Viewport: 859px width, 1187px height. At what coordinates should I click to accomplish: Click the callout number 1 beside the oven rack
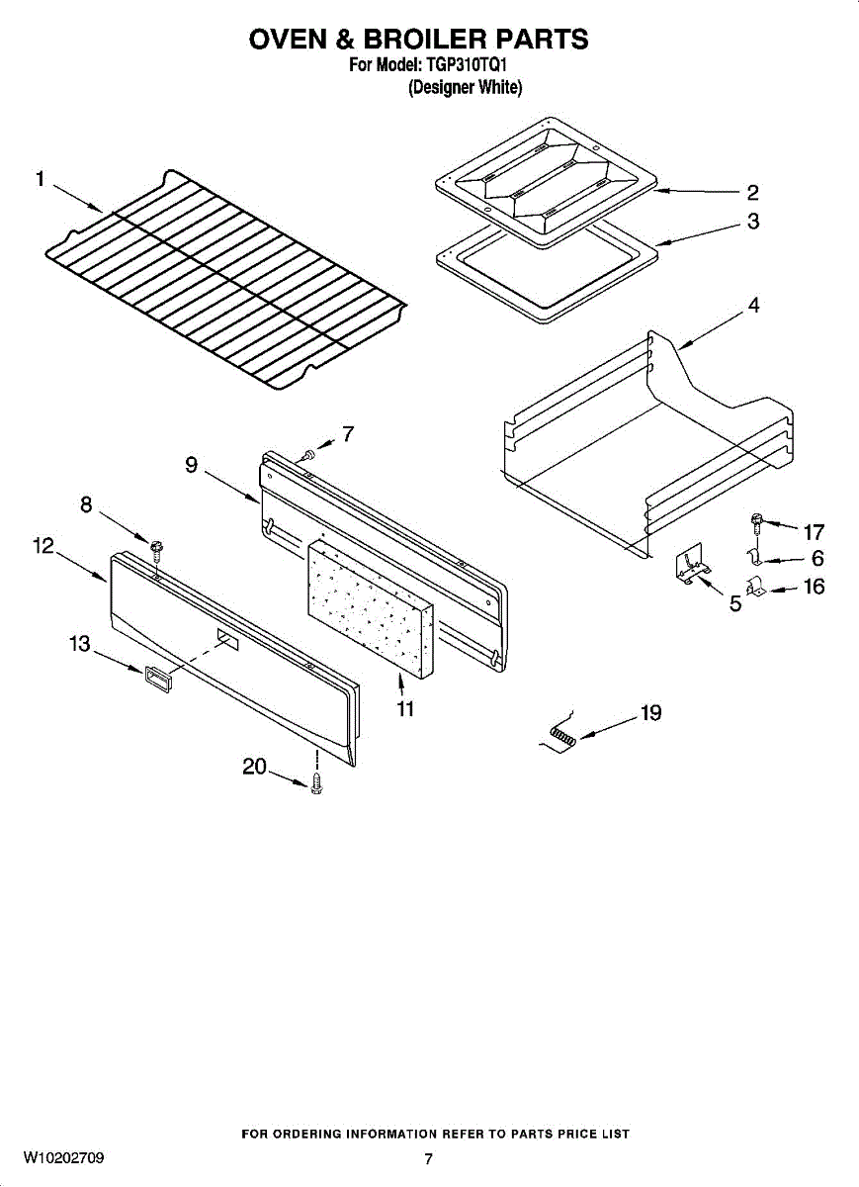click(x=40, y=179)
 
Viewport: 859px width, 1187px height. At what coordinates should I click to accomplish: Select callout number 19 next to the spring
click(x=651, y=712)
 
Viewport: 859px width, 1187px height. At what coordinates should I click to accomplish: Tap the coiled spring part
click(x=564, y=736)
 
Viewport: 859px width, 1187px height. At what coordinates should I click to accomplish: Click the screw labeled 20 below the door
click(x=316, y=783)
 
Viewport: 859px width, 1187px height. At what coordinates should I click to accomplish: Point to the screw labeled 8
click(x=156, y=545)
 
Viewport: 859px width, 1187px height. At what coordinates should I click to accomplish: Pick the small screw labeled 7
click(x=308, y=453)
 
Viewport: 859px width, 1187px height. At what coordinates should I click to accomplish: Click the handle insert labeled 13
click(x=155, y=677)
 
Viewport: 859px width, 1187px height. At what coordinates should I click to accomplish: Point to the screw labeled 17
click(x=755, y=521)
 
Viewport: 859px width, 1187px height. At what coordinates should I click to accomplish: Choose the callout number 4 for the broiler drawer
click(x=753, y=307)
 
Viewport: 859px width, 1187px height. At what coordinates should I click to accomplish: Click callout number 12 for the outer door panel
click(x=43, y=546)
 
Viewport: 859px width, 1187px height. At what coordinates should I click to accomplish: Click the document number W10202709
click(x=64, y=1157)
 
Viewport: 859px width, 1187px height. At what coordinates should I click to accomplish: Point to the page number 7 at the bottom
click(x=428, y=1159)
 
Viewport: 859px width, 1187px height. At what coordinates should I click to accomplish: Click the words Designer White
click(x=465, y=88)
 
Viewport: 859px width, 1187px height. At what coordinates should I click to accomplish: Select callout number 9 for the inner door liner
click(x=191, y=463)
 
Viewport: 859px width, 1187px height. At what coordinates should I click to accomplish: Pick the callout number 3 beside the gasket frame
click(x=753, y=223)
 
